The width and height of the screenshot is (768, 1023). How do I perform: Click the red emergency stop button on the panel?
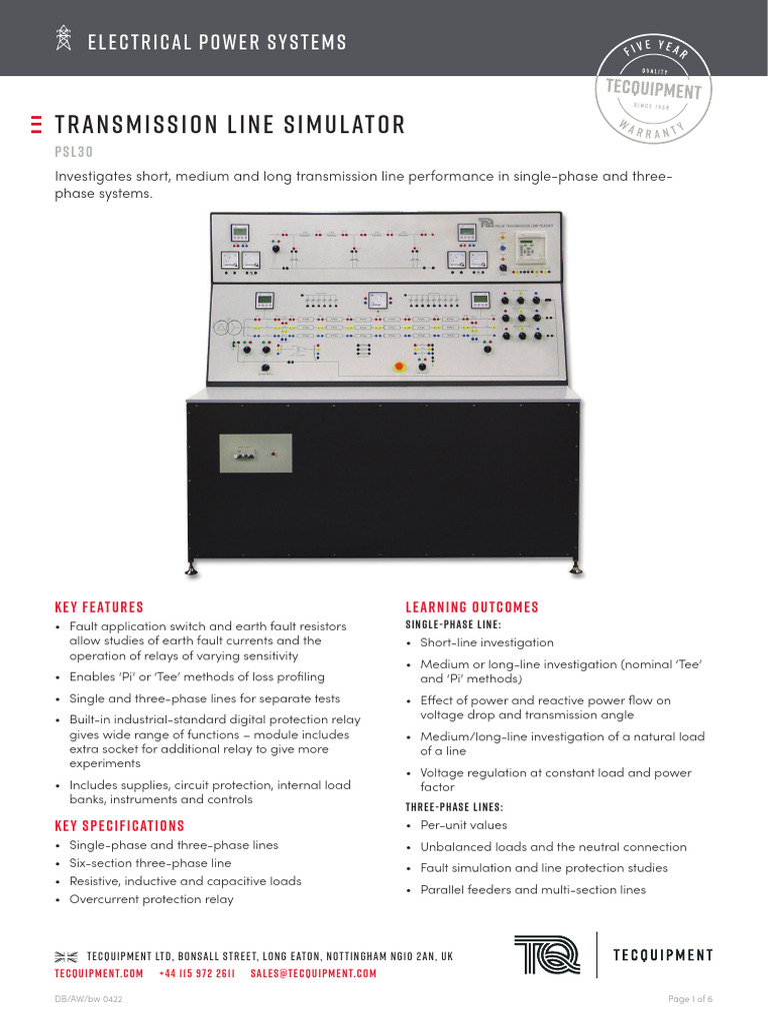[x=399, y=367]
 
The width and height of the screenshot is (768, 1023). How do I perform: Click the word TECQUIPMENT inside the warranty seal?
[x=655, y=91]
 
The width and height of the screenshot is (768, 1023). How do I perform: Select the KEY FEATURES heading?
[x=99, y=606]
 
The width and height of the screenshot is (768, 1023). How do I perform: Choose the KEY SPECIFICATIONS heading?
[x=119, y=825]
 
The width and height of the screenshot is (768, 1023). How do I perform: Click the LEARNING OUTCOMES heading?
[x=472, y=606]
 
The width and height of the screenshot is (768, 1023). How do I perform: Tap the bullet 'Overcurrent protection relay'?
[x=151, y=899]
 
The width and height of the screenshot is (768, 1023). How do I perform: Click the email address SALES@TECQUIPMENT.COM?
[x=313, y=973]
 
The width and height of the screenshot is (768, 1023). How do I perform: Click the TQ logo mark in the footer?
[x=546, y=954]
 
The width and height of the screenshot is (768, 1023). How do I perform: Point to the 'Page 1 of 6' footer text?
[x=690, y=999]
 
